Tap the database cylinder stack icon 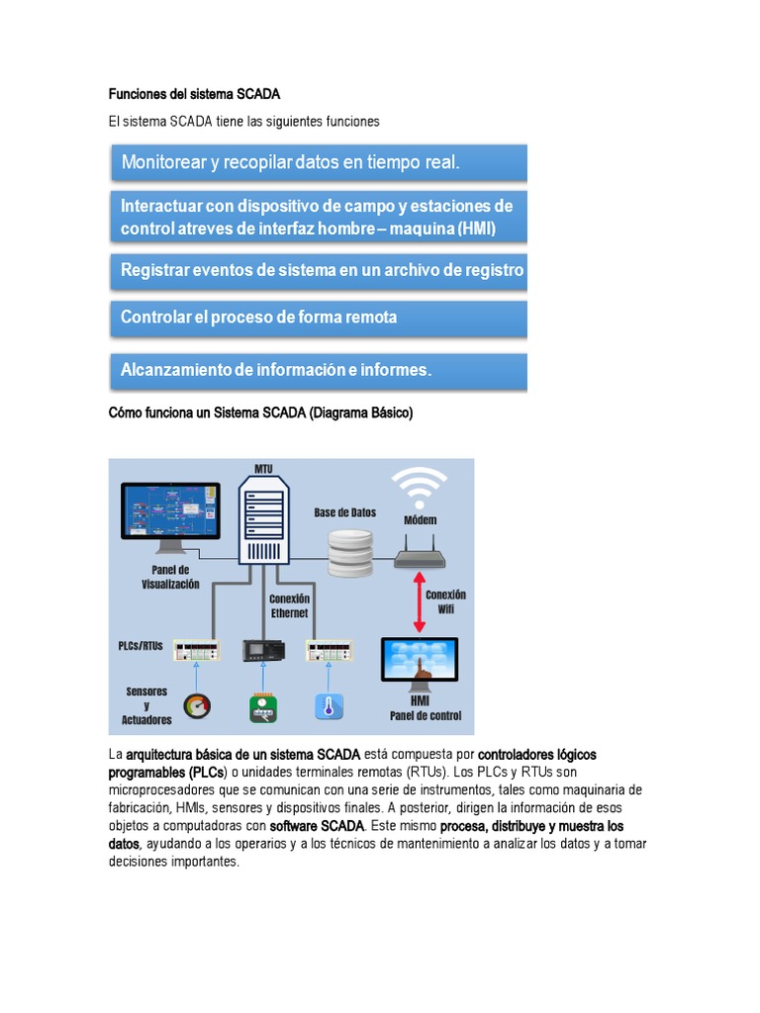pos(351,552)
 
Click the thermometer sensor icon pos(329,706)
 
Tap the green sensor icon pos(263,706)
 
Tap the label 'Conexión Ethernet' pos(289,605)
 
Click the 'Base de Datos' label pos(345,512)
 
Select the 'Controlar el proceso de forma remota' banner pos(317,318)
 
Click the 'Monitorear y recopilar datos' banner pos(317,162)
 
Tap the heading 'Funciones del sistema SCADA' pos(194,95)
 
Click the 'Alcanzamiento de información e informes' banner pos(317,371)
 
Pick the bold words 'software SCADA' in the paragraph pos(317,825)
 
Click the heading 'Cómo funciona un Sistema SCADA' pos(260,414)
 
